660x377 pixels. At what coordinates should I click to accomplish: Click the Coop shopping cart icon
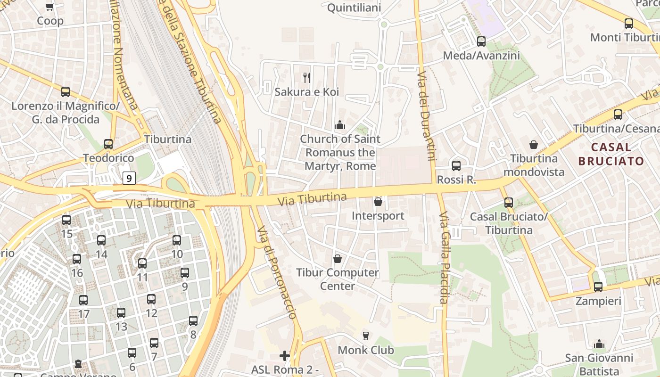[x=50, y=7]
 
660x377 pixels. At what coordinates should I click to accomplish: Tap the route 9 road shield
[x=129, y=178]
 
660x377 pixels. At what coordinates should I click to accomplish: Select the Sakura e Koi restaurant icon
[x=307, y=78]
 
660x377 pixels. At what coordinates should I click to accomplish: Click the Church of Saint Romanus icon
[x=339, y=125]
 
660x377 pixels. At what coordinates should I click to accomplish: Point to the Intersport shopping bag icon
[x=378, y=202]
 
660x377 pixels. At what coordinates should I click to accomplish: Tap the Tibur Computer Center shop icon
[x=338, y=259]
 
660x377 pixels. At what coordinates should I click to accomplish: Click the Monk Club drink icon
[x=365, y=336]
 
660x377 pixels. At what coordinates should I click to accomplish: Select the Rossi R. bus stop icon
[x=456, y=166]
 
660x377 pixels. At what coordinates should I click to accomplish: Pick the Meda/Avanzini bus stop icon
[x=481, y=41]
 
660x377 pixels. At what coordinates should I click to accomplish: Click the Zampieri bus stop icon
[x=598, y=287]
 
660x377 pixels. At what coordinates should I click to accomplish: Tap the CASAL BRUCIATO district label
[x=611, y=154]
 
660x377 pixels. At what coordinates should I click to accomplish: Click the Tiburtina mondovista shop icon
[x=534, y=145]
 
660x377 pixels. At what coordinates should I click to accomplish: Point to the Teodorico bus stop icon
[x=108, y=144]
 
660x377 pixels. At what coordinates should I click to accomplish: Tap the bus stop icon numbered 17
[x=83, y=300]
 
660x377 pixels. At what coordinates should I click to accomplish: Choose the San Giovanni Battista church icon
[x=599, y=344]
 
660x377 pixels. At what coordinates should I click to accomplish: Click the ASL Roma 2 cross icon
[x=285, y=355]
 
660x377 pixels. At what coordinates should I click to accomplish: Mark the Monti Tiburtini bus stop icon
[x=628, y=24]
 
